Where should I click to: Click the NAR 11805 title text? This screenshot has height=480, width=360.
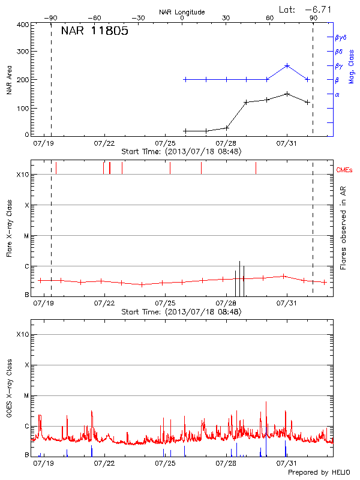coord(94,32)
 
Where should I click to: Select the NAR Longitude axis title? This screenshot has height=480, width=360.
coord(182,12)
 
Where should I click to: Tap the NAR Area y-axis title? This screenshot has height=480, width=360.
coord(9,80)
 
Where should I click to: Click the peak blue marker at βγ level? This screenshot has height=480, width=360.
coord(287,65)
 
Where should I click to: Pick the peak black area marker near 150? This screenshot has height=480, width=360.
coord(287,94)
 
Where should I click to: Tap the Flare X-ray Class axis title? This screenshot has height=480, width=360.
coord(9,229)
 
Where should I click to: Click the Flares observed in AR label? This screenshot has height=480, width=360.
coord(343,229)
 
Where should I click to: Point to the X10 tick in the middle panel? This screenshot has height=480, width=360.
coord(22,175)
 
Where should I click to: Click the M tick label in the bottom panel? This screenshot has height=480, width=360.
coord(26,396)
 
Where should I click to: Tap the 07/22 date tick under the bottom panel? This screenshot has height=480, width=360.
coord(104,463)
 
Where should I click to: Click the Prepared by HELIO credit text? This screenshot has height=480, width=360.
coord(318,473)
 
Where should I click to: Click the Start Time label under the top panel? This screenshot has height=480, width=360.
coord(181,152)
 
